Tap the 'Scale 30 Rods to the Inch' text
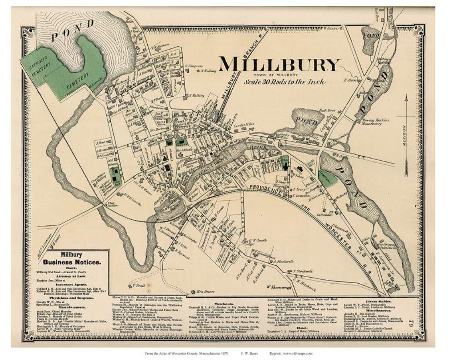pos(284,82)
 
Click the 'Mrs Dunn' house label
pos(205,292)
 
